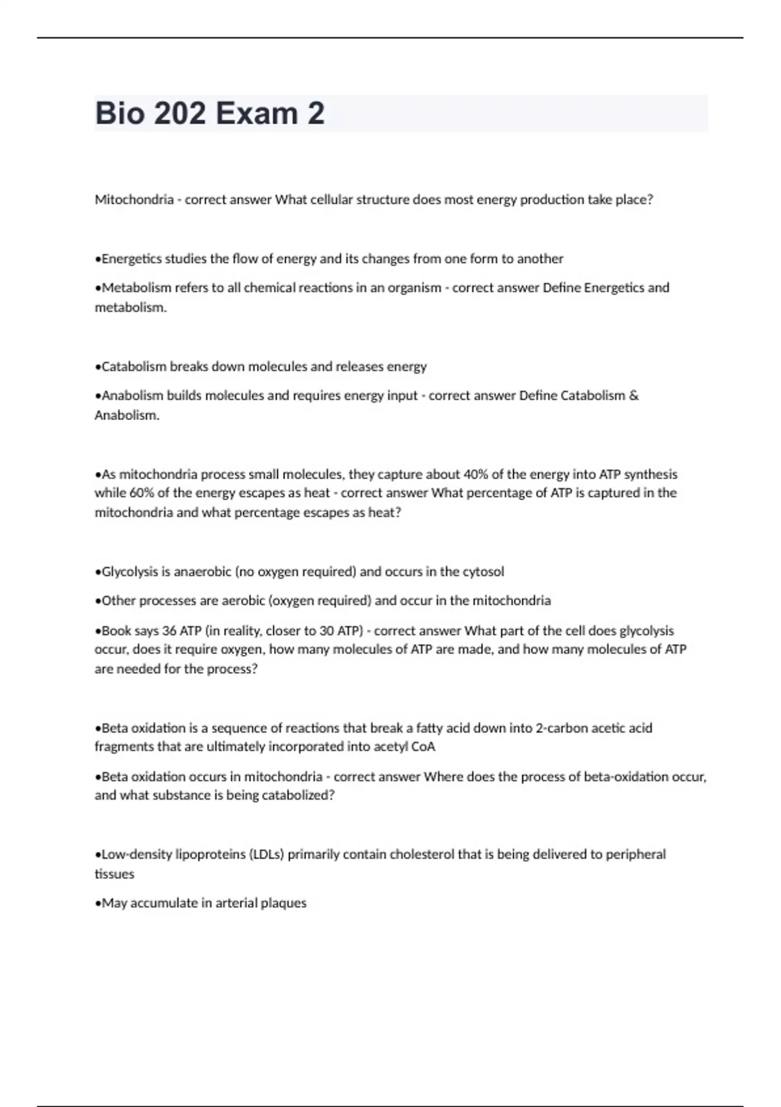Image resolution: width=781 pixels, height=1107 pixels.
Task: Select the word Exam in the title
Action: pos(256,114)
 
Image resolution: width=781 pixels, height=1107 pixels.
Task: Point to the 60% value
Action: pos(142,493)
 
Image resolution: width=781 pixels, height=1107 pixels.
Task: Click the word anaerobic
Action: pos(201,572)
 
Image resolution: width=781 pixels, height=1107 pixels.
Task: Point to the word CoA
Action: pos(423,747)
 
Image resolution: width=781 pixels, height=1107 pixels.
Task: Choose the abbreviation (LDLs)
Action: pos(266,854)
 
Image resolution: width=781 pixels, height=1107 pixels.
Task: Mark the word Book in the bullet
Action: pos(116,630)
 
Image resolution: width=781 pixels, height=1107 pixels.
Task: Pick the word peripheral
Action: pos(635,854)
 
